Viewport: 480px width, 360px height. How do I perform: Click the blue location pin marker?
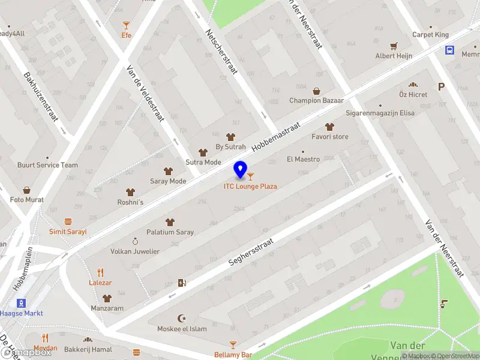[241, 170]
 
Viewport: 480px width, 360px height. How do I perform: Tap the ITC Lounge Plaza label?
[251, 187]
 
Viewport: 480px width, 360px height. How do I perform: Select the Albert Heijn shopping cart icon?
[394, 46]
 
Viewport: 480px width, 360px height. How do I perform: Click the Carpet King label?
[430, 35]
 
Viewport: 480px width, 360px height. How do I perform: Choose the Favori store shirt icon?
[329, 127]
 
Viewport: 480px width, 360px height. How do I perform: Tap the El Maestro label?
[303, 159]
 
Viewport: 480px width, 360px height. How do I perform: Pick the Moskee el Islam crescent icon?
[182, 318]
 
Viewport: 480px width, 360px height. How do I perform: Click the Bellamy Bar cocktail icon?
[233, 344]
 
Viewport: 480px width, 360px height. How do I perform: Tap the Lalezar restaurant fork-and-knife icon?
[100, 272]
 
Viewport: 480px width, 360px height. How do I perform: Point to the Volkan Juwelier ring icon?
[135, 241]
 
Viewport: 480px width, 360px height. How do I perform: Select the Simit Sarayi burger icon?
[68, 221]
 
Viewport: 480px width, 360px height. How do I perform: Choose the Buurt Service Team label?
[47, 165]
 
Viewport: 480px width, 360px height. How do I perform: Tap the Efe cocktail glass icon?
[126, 25]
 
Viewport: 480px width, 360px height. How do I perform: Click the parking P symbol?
[442, 87]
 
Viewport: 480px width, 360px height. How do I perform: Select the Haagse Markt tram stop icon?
[21, 303]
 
